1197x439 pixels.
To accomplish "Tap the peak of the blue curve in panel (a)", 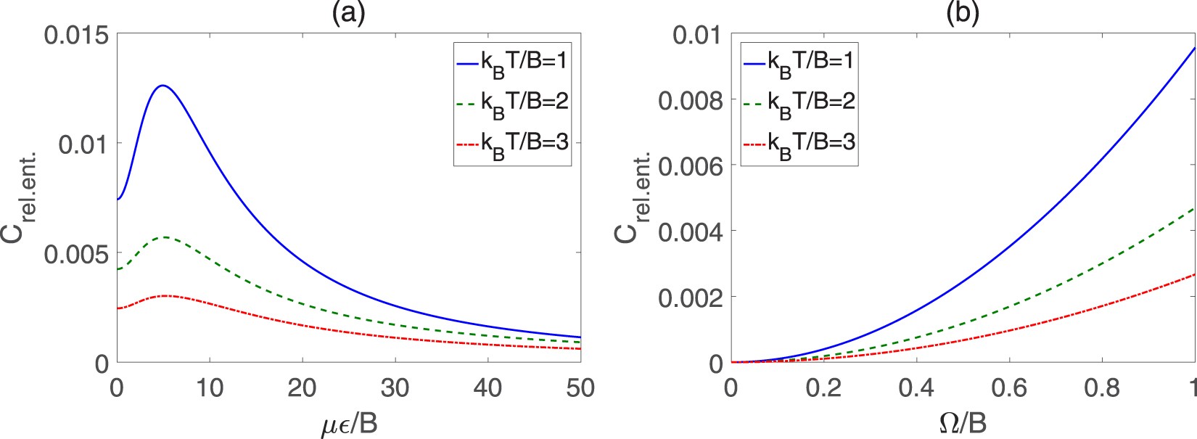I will pos(163,86).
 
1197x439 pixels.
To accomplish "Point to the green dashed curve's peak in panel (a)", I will pos(165,237).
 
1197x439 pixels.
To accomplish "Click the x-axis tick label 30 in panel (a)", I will pos(395,388).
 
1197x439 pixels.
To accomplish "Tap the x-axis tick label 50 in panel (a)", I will pos(580,388).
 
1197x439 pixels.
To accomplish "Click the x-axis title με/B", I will pos(349,423).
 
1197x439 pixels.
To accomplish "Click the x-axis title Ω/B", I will pos(963,423).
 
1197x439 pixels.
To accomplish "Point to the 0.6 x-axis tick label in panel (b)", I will pos(1009,388).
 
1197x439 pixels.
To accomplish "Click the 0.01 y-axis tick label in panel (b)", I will pos(697,34).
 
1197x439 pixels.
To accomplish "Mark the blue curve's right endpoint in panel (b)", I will pos(1194,48).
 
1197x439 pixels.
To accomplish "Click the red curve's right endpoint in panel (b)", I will pos(1194,274).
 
